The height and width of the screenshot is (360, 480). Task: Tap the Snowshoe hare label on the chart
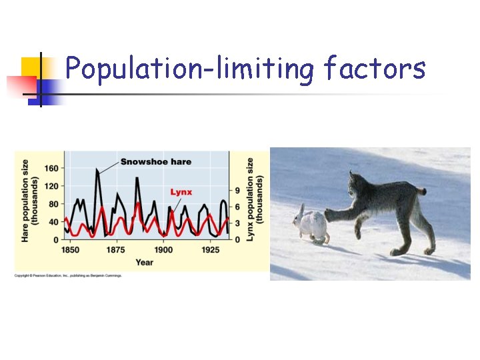point(156,161)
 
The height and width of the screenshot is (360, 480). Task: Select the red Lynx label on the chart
point(181,192)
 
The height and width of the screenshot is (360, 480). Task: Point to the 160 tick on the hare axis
point(51,168)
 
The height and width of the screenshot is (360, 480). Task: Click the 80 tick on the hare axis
point(53,204)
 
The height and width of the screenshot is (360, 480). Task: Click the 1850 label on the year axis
point(70,250)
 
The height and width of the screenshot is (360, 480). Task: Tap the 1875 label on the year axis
point(116,250)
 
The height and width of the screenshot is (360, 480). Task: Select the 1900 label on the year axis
point(163,250)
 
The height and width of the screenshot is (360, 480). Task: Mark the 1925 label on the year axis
point(210,250)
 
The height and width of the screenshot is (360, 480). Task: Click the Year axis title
point(144,262)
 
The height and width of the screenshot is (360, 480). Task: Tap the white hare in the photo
point(311,225)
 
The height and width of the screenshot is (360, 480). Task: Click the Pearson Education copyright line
point(69,275)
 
